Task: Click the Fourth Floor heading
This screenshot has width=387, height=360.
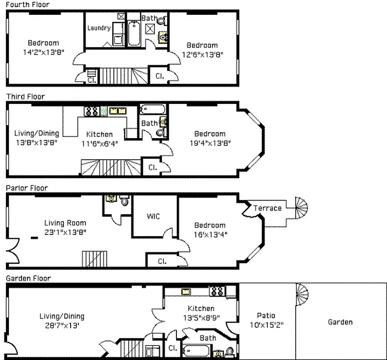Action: tap(27, 4)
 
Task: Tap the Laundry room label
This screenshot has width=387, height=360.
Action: tap(99, 28)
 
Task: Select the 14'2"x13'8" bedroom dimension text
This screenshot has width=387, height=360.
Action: tap(43, 52)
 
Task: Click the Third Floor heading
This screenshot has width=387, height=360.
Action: tap(25, 96)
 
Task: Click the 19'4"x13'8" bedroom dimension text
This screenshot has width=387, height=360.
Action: tap(210, 143)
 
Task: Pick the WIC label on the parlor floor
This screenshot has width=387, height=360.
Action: tap(153, 216)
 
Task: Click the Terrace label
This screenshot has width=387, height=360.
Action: tap(267, 208)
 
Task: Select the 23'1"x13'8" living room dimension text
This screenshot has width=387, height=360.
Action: tap(65, 232)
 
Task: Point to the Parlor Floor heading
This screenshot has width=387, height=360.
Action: tap(27, 188)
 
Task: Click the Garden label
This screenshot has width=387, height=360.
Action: tap(340, 322)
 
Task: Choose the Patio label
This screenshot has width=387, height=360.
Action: tap(266, 315)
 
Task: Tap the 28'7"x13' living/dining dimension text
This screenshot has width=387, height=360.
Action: tap(61, 325)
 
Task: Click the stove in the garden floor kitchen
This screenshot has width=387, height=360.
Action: tap(216, 291)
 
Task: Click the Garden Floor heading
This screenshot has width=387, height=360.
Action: tap(28, 278)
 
